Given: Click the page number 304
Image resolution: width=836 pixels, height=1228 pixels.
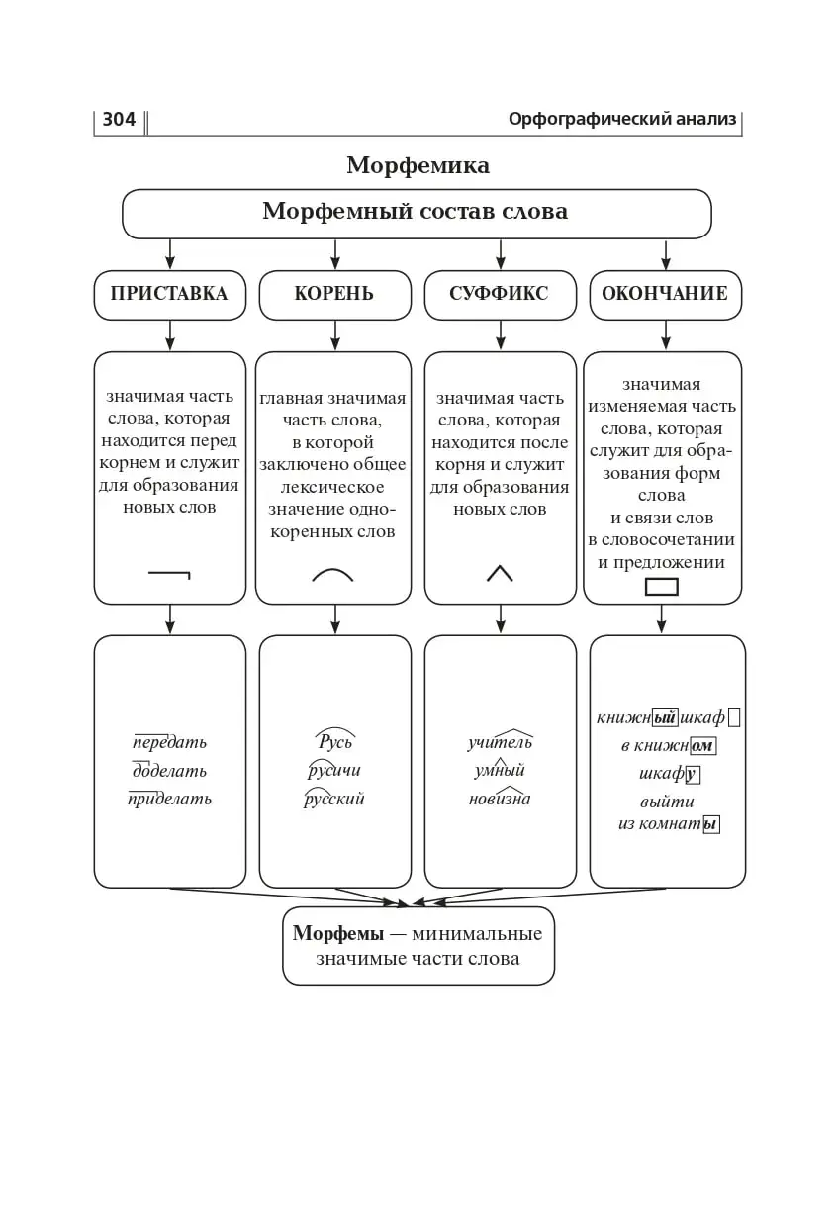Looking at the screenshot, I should (x=119, y=120).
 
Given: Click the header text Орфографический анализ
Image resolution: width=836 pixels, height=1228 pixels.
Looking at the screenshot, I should (x=622, y=120).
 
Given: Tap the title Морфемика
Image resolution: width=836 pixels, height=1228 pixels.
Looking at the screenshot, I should (x=418, y=165).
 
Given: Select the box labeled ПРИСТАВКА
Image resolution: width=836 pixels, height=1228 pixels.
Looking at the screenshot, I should (x=169, y=294).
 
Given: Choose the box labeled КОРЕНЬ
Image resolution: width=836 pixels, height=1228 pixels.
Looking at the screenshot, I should (x=334, y=294).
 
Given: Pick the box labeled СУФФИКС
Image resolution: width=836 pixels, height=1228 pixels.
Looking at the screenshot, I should (x=500, y=294).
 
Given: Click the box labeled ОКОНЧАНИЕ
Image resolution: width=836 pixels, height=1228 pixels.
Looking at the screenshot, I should (x=665, y=294).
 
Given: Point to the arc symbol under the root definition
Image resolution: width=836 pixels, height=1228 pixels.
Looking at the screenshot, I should (x=333, y=574).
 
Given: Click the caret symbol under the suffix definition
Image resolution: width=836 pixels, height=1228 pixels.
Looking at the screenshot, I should (x=500, y=573).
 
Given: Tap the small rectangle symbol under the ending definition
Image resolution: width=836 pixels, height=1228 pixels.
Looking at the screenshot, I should (x=661, y=587).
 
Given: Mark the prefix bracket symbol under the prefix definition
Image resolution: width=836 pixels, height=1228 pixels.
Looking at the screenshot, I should (x=169, y=573).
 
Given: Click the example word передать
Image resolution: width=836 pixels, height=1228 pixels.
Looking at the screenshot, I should (x=169, y=742).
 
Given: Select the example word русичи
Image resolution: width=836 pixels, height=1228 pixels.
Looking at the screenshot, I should (x=334, y=770).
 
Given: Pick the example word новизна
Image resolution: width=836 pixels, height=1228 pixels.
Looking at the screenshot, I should (x=500, y=799).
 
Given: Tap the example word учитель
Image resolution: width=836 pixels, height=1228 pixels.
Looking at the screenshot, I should (x=500, y=742).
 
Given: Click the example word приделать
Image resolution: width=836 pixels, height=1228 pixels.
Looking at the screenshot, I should (x=169, y=799).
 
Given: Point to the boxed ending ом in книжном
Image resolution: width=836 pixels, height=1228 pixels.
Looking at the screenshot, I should (x=702, y=746).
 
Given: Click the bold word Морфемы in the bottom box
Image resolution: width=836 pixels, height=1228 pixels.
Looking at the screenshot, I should (x=337, y=933).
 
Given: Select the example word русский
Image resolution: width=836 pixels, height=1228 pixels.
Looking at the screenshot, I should (x=334, y=799).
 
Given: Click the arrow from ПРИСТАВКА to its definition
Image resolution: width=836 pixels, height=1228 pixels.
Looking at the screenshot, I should (x=169, y=334).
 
